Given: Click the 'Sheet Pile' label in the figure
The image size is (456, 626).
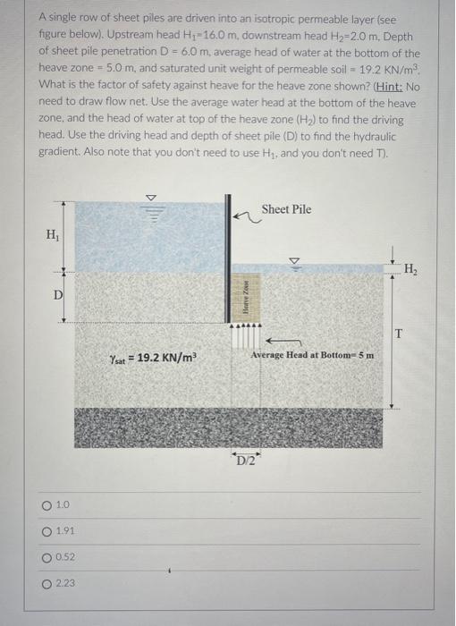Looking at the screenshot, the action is pyautogui.click(x=286, y=209).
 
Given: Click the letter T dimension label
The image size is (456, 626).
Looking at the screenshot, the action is pyautogui.click(x=398, y=334).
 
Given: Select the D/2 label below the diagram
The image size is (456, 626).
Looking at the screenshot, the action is pyautogui.click(x=245, y=461).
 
